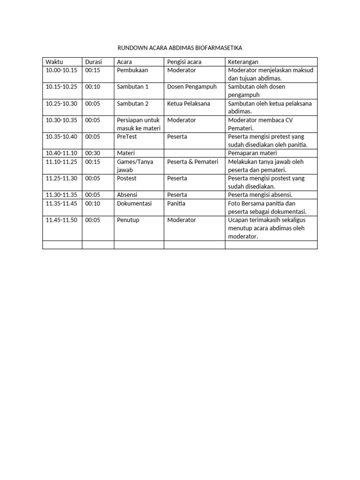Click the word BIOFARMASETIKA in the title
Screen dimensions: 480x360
pyautogui.click(x=216, y=48)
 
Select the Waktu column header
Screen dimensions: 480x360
pyautogui.click(x=54, y=62)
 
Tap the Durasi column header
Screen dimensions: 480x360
pyautogui.click(x=93, y=62)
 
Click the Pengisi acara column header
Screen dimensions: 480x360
pyautogui.click(x=184, y=62)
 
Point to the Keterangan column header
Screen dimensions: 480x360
pyautogui.click(x=243, y=62)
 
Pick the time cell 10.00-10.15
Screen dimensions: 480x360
pyautogui.click(x=61, y=70)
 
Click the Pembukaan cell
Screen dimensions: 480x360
pyautogui.click(x=132, y=70)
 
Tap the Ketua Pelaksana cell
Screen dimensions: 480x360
pyautogui.click(x=188, y=104)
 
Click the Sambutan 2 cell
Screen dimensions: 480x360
pyautogui.click(x=132, y=104)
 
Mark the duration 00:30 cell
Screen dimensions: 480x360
pyautogui.click(x=92, y=153)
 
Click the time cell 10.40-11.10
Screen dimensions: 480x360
pyautogui.click(x=61, y=153)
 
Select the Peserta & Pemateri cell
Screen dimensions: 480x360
pyautogui.click(x=193, y=162)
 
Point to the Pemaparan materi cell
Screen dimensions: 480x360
pyautogui.click(x=253, y=153)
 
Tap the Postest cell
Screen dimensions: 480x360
pyautogui.click(x=127, y=178)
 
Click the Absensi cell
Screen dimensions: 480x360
pyautogui.click(x=127, y=195)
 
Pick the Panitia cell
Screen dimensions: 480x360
pyautogui.click(x=176, y=203)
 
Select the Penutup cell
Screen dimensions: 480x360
pyautogui.click(x=128, y=220)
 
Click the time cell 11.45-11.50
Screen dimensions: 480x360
pyautogui.click(x=61, y=220)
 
